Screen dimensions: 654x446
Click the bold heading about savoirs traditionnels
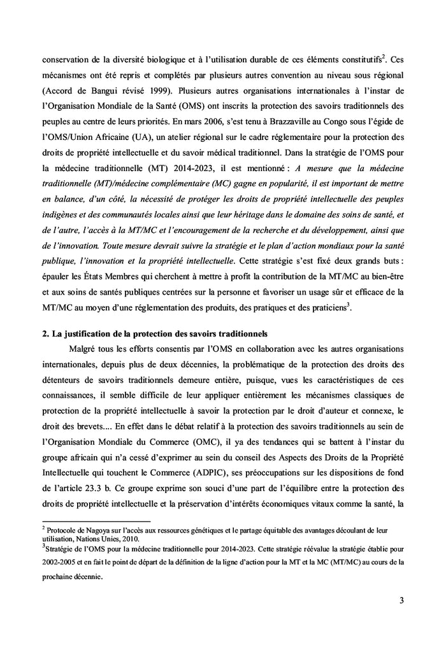coord(155,333)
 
